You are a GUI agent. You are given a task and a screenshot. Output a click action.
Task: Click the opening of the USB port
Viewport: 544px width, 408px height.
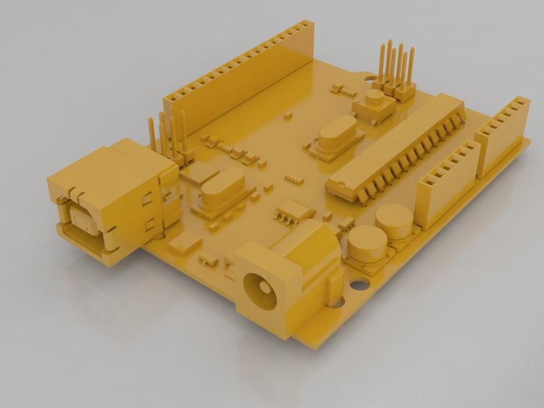tap(82, 220)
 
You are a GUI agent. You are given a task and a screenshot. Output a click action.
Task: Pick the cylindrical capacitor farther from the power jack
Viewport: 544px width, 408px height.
tap(393, 220)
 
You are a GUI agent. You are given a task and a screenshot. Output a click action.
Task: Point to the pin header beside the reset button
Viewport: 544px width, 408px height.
tap(395, 71)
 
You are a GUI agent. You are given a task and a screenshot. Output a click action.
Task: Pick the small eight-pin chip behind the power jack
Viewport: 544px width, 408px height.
tap(295, 210)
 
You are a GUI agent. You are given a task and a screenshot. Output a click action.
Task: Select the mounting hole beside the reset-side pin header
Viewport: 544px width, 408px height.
tap(373, 80)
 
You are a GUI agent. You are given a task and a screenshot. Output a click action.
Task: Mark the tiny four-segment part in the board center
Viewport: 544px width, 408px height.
tap(294, 178)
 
